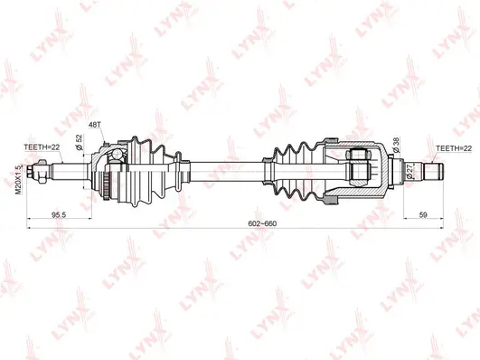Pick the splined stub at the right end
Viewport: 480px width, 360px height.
tap(432, 168)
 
